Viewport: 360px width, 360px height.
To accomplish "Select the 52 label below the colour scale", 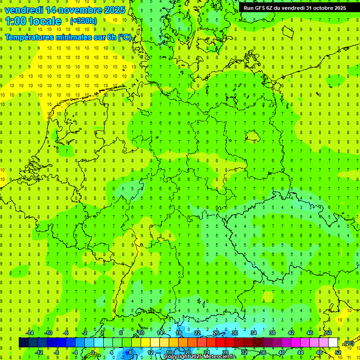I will click(x=338, y=352).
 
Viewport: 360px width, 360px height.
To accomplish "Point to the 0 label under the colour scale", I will click(x=92, y=352).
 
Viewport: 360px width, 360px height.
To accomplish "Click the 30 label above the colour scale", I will click(x=234, y=333).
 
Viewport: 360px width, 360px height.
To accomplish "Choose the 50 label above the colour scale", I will click(x=328, y=333).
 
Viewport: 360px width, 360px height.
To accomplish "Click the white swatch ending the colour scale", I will click(x=333, y=342).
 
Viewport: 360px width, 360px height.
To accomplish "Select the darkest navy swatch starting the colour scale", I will click(x=23, y=342).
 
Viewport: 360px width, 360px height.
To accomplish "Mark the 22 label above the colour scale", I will click(x=197, y=333).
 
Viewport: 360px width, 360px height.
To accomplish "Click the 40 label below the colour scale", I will click(x=281, y=352).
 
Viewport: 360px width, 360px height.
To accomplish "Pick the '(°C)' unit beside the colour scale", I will click(x=349, y=343).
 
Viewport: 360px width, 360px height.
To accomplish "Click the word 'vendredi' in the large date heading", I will click(x=24, y=10).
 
